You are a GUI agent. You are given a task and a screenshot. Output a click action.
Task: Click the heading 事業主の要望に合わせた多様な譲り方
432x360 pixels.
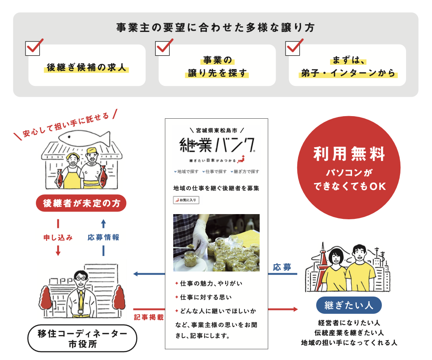pyautogui.click(x=216, y=28)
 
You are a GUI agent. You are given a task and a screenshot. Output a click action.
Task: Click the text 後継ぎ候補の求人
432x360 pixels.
pyautogui.click(x=88, y=68)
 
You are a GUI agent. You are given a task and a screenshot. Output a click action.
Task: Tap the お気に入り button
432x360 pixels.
pyautogui.click(x=186, y=200)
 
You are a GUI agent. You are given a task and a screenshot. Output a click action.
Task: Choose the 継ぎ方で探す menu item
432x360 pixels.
pyautogui.click(x=245, y=172)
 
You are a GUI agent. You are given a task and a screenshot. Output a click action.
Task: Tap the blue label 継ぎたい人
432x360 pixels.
pyautogui.click(x=349, y=305)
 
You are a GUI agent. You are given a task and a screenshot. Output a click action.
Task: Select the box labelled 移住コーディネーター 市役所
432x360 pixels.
pyautogui.click(x=82, y=339)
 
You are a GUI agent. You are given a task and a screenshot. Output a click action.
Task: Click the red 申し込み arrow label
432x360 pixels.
pyautogui.click(x=58, y=237)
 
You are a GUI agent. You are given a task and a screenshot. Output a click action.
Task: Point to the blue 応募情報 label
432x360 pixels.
pyautogui.click(x=103, y=237)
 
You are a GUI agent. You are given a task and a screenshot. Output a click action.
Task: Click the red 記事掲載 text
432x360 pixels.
pyautogui.click(x=149, y=317)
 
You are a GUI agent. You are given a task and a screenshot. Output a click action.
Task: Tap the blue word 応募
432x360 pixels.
pyautogui.click(x=282, y=267)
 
